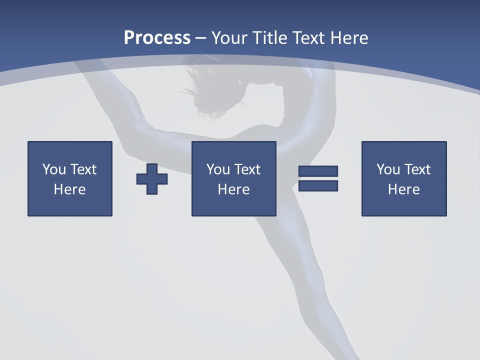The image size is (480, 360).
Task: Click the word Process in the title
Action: (157, 38)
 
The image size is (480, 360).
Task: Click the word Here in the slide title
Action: (349, 38)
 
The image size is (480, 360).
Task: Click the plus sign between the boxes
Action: (152, 178)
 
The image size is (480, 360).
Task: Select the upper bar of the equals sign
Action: (318, 171)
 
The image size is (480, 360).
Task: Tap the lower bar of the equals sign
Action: (318, 186)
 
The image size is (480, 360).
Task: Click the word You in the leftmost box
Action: (54, 169)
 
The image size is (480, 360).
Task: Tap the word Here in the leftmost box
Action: (69, 189)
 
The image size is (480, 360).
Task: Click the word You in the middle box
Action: (218, 169)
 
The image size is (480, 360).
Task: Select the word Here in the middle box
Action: (233, 189)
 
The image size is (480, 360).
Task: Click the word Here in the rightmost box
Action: (403, 189)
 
